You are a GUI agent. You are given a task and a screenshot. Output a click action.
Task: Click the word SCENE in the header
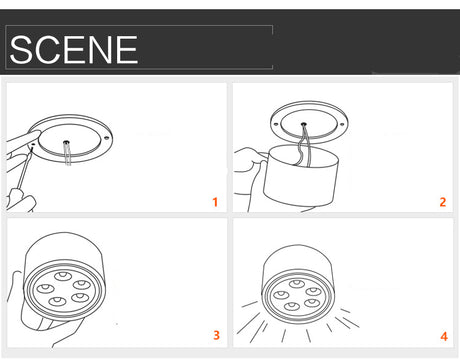point(74,50)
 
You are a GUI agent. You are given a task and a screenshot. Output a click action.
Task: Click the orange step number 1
point(215,202)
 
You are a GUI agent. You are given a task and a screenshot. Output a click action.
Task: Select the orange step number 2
point(443,202)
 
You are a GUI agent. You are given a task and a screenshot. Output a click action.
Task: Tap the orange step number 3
point(217,335)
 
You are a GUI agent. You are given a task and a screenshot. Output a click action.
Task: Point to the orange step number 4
point(444,336)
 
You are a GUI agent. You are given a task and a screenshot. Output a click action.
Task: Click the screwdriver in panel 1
point(25,168)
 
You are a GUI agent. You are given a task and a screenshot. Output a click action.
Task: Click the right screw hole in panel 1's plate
point(107,138)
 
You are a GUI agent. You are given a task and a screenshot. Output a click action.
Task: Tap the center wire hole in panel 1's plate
point(66,142)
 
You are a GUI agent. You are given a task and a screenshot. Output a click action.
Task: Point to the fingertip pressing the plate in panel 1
point(34,134)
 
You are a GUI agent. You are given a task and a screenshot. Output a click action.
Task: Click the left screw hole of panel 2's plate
point(276,124)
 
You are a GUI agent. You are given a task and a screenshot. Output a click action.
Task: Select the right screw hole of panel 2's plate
point(342,124)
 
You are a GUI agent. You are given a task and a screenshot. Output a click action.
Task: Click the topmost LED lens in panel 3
point(63,276)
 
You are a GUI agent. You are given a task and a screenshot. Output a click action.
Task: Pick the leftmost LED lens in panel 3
point(45,289)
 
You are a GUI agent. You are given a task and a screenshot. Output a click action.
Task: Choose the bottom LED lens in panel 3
point(57,302)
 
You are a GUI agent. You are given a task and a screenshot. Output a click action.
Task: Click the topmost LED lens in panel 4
point(297,284)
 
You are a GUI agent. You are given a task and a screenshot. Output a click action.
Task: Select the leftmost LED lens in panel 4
point(281,295)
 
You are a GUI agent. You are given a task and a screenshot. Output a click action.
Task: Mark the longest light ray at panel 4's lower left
point(248,323)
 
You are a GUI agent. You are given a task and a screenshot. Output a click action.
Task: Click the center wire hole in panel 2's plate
point(304,124)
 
